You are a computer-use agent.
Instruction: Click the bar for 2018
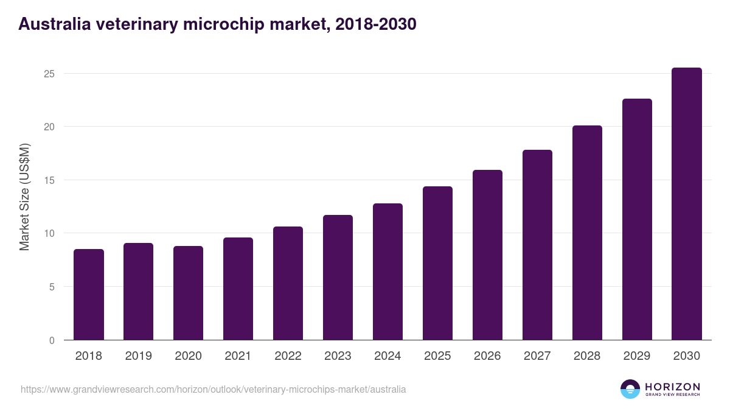[89, 295]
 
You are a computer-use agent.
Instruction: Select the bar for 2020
[189, 293]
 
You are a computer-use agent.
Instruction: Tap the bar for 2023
[338, 278]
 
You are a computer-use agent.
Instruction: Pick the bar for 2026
[487, 255]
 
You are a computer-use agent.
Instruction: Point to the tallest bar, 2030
[687, 204]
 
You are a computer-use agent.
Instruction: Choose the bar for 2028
[587, 233]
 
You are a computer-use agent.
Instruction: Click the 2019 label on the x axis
[139, 356]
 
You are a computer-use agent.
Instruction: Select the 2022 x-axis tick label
[288, 356]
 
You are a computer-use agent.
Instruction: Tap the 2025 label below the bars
[437, 356]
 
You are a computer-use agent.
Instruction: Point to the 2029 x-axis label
[637, 356]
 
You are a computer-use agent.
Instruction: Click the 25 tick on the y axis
[49, 74]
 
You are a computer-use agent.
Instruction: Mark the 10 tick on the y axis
[49, 233]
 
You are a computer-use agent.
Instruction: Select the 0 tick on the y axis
[52, 340]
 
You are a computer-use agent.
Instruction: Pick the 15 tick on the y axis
[49, 180]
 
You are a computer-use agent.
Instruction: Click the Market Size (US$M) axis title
[24, 197]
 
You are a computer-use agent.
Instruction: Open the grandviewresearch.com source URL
[213, 389]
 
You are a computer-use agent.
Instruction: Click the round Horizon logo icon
[630, 389]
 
